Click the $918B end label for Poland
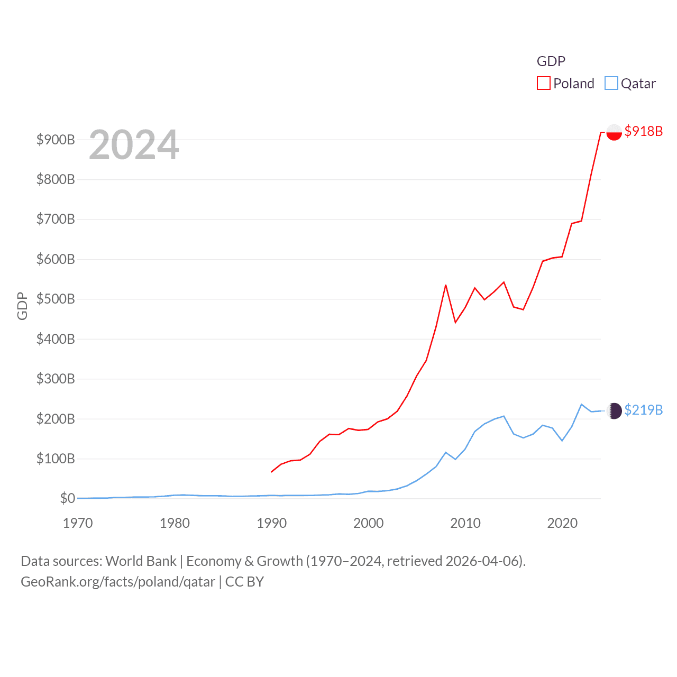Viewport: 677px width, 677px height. coord(643,131)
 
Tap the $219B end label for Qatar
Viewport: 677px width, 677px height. coord(643,410)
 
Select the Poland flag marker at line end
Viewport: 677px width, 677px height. coord(614,132)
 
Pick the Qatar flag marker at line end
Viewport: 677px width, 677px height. coord(614,411)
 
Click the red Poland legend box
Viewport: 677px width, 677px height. coord(544,84)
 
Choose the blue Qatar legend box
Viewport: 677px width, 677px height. coord(611,84)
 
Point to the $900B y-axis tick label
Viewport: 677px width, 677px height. coord(56,140)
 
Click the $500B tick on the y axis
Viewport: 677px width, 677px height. coord(56,299)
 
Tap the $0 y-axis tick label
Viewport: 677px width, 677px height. coord(67,498)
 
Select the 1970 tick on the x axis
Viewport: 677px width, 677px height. coord(78,523)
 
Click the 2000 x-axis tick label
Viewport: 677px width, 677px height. coord(369,523)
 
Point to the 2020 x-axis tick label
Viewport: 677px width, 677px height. coord(562,523)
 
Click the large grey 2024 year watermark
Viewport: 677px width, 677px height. coord(134,145)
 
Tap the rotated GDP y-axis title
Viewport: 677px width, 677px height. coord(22,306)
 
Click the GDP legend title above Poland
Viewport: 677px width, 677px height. coord(551,61)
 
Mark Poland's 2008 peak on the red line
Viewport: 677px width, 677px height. coord(446,285)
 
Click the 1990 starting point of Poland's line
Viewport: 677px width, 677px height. coord(271,472)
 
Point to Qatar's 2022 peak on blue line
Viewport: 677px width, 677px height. coord(581,405)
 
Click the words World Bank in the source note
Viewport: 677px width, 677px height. coord(141,561)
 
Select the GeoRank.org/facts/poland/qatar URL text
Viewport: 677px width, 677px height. coord(118,582)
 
